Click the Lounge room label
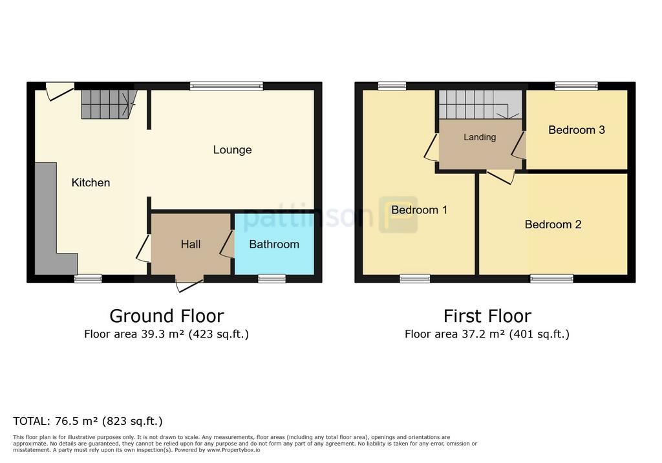(232, 150)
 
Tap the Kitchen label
(91, 182)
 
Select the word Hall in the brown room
(191, 244)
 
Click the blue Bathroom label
(274, 244)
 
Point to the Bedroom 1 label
(419, 210)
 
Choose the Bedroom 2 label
(553, 224)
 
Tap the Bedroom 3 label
(577, 130)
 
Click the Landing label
(480, 137)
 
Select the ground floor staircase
(109, 104)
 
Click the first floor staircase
(480, 104)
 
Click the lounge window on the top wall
(226, 86)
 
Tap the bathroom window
(272, 279)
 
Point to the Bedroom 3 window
(576, 86)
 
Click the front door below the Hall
(189, 283)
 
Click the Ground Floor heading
(167, 316)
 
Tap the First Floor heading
(487, 316)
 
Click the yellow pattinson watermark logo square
(398, 215)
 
